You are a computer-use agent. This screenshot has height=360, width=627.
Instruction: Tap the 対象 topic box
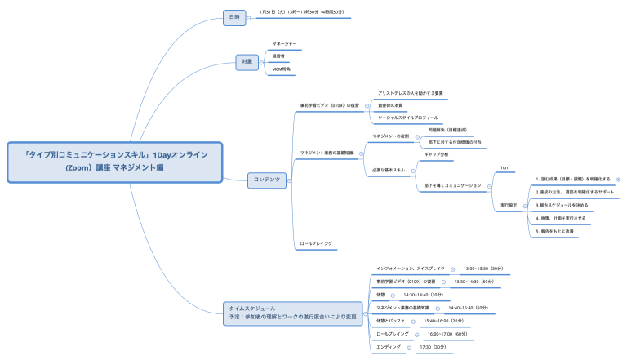point(247,61)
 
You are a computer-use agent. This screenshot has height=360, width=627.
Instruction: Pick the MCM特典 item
point(281,69)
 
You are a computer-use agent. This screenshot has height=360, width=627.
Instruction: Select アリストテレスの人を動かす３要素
point(411,93)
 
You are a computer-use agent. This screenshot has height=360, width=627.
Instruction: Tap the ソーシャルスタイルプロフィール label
point(408,118)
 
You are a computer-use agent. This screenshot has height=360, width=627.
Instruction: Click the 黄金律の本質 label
point(390,105)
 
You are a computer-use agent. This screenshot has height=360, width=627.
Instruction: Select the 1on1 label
point(505,167)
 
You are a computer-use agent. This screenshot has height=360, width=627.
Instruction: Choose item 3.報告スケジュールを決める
point(563,206)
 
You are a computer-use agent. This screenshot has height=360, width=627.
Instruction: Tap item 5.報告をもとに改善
point(555,231)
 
